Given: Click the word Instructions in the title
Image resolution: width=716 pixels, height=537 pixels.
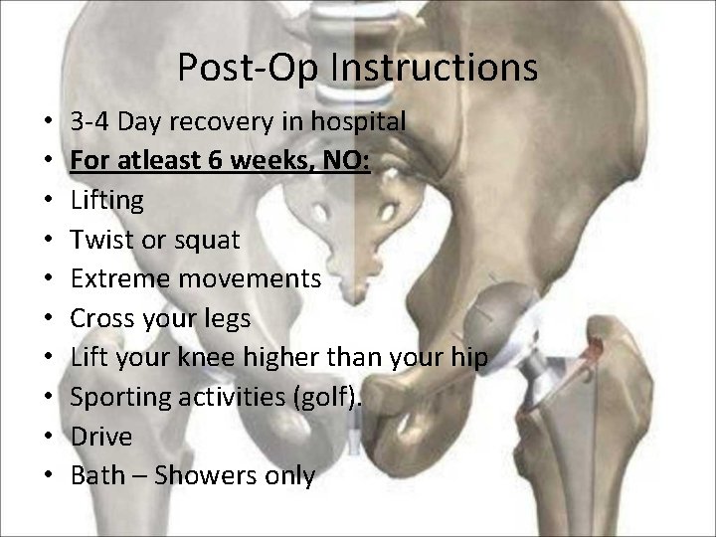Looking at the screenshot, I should click(435, 68).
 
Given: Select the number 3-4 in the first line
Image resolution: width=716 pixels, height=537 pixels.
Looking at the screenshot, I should click(90, 122).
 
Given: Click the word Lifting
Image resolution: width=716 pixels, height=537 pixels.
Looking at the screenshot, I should click(107, 200).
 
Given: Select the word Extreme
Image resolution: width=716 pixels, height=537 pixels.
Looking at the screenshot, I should click(121, 278).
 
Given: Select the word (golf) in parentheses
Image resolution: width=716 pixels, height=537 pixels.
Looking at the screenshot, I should click(327, 398).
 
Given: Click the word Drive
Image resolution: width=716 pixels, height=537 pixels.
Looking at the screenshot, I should click(101, 437).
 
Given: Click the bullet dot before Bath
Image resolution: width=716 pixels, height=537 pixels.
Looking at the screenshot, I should click(49, 476).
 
